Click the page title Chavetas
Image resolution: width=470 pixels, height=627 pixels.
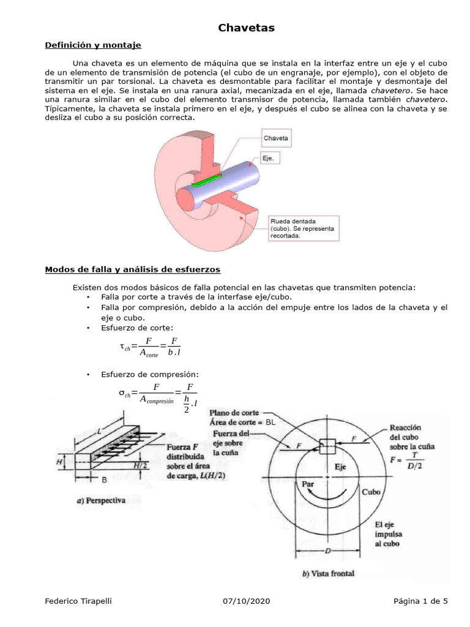(x=247, y=28)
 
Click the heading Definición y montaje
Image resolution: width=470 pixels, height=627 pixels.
(x=93, y=45)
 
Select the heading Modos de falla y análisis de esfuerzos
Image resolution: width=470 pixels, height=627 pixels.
(x=133, y=269)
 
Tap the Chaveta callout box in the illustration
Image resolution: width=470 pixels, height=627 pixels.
(x=275, y=138)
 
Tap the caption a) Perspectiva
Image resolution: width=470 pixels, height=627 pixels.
(x=100, y=500)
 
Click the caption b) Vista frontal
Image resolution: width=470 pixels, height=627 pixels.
(x=327, y=574)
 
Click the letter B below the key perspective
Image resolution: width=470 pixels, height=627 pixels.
(x=104, y=481)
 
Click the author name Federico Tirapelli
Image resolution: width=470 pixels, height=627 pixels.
(x=80, y=601)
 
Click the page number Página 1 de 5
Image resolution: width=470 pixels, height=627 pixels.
(x=420, y=601)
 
